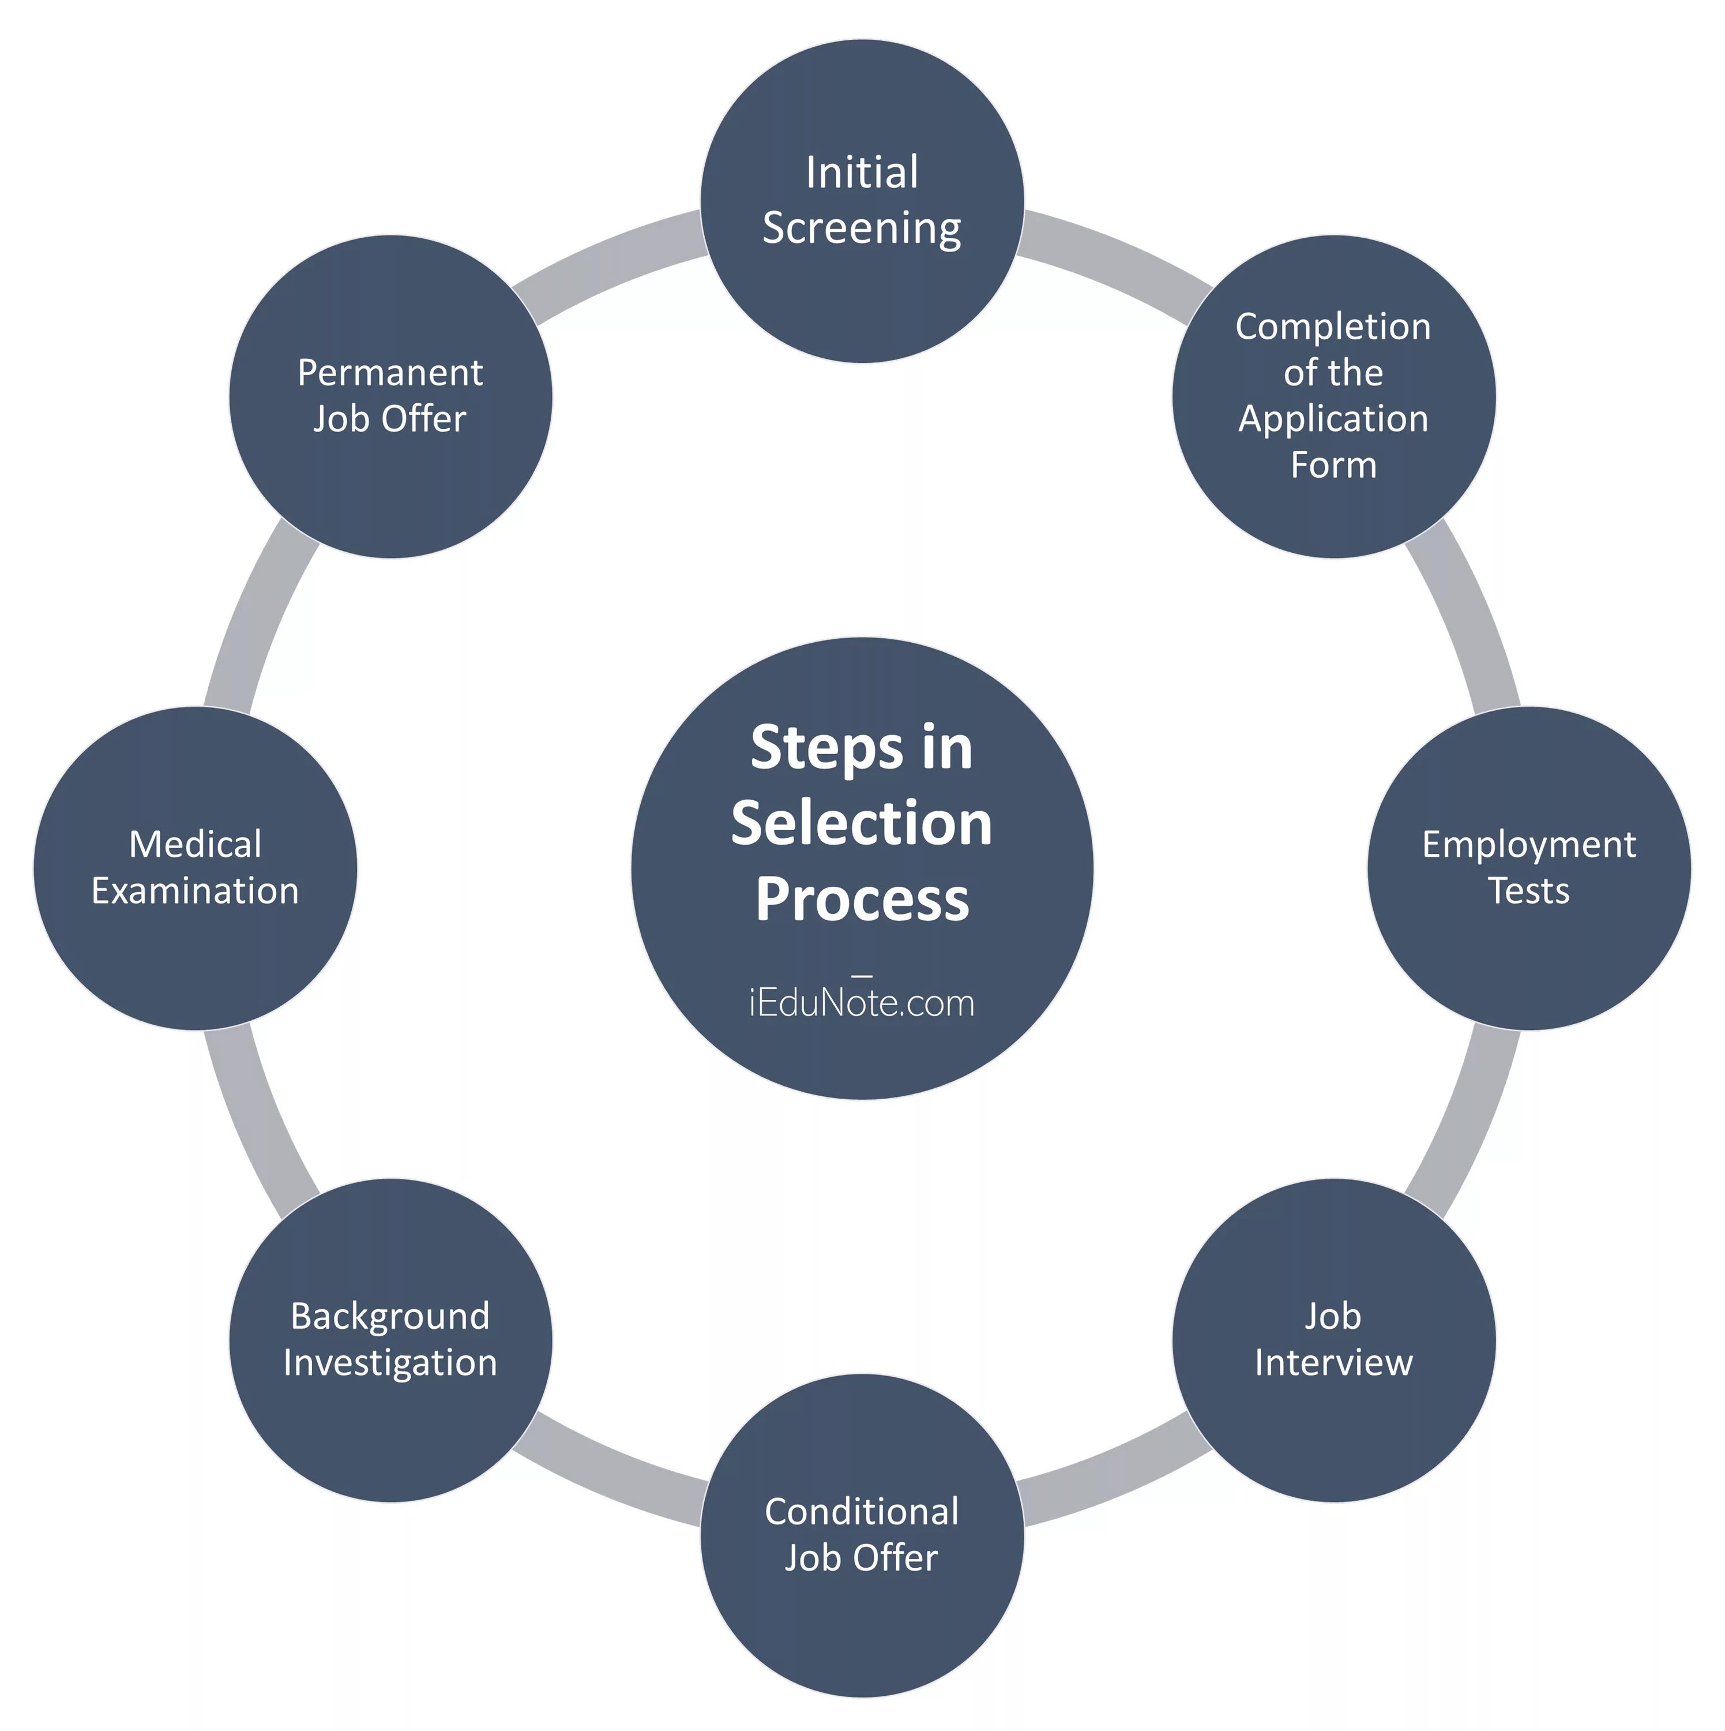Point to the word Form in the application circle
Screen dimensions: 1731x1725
(x=1333, y=465)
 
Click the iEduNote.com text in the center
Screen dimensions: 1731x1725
(x=862, y=1003)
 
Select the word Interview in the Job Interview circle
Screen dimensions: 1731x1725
(x=1333, y=1363)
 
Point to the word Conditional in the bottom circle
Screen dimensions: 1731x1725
(x=862, y=1512)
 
